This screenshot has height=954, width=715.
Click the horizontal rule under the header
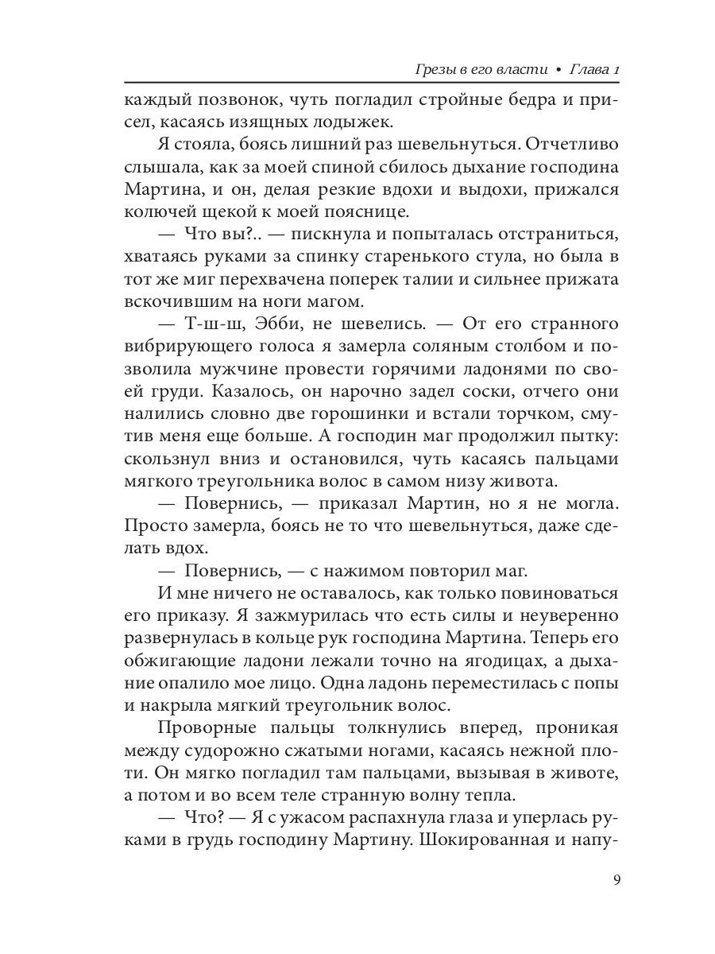point(372,83)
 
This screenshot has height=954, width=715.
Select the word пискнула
point(331,237)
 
